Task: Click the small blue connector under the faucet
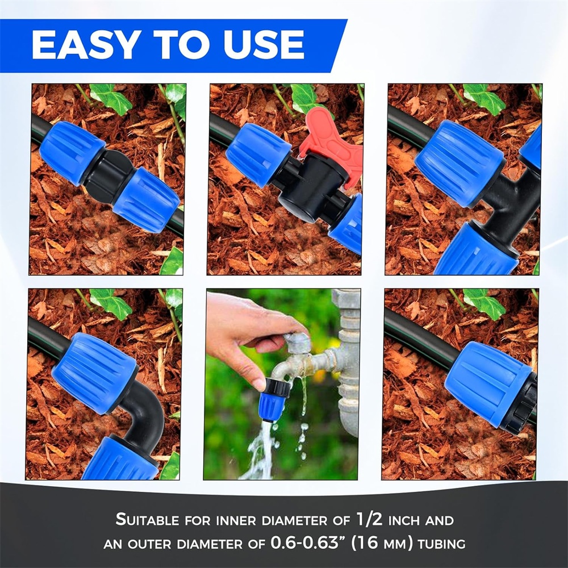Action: pos(273,400)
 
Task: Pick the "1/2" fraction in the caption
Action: pos(369,519)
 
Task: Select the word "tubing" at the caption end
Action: pos(441,544)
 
